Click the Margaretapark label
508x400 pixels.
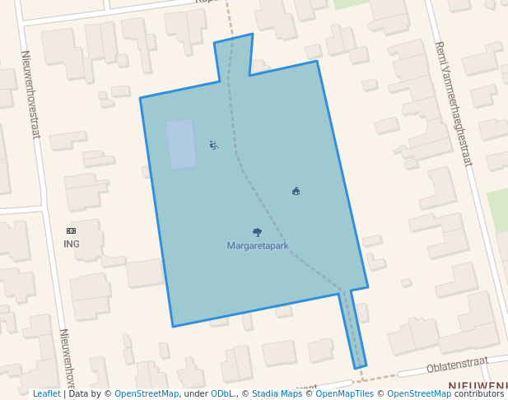pos(258,245)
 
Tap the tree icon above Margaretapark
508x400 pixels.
pos(257,233)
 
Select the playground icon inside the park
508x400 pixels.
pos(214,146)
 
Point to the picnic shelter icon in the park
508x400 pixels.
pos(296,191)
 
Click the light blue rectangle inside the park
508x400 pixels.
pos(181,144)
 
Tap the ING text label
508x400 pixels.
pos(72,244)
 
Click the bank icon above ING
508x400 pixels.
pos(71,231)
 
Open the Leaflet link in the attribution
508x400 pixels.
pos(46,393)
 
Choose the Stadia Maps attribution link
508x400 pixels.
pos(277,393)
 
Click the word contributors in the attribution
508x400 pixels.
pos(479,393)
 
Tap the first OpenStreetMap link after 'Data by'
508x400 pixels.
pos(146,393)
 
